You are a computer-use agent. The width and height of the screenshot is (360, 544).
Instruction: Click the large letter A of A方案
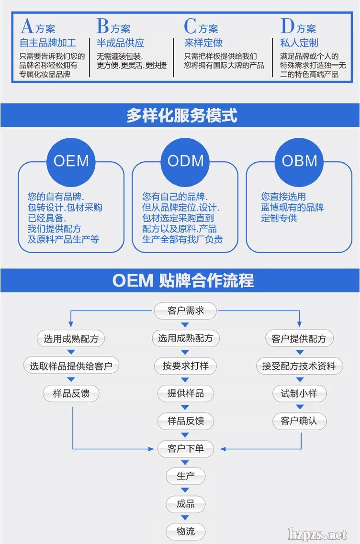[27, 26]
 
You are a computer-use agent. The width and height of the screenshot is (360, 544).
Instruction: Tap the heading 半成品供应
[120, 43]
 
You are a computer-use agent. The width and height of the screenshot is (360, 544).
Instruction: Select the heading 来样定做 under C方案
[203, 43]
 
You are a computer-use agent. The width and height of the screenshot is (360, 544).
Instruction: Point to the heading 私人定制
[299, 43]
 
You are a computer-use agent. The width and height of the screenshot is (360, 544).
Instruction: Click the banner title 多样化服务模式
[181, 115]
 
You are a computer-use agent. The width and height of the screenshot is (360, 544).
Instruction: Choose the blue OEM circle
[71, 161]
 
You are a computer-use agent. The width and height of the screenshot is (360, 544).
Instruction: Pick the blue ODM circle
[185, 161]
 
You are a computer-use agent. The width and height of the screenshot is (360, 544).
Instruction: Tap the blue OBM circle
[299, 161]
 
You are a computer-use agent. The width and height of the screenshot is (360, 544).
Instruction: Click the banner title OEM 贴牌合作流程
[183, 280]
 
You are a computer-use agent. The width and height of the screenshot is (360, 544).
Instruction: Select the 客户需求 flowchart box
[185, 311]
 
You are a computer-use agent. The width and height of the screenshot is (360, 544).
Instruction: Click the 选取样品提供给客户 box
[71, 366]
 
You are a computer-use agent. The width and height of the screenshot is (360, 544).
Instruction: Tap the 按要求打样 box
[185, 366]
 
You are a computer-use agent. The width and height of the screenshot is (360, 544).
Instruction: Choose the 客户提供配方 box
[299, 339]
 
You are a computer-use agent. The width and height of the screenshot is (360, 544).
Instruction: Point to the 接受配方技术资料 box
[299, 366]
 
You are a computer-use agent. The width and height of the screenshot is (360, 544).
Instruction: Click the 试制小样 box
[299, 394]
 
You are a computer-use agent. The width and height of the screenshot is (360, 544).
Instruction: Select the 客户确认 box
[299, 421]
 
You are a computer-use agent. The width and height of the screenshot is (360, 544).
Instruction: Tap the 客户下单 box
[185, 449]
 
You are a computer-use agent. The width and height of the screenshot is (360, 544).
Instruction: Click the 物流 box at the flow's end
[185, 532]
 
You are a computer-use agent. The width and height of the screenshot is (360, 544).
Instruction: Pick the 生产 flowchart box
[185, 476]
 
